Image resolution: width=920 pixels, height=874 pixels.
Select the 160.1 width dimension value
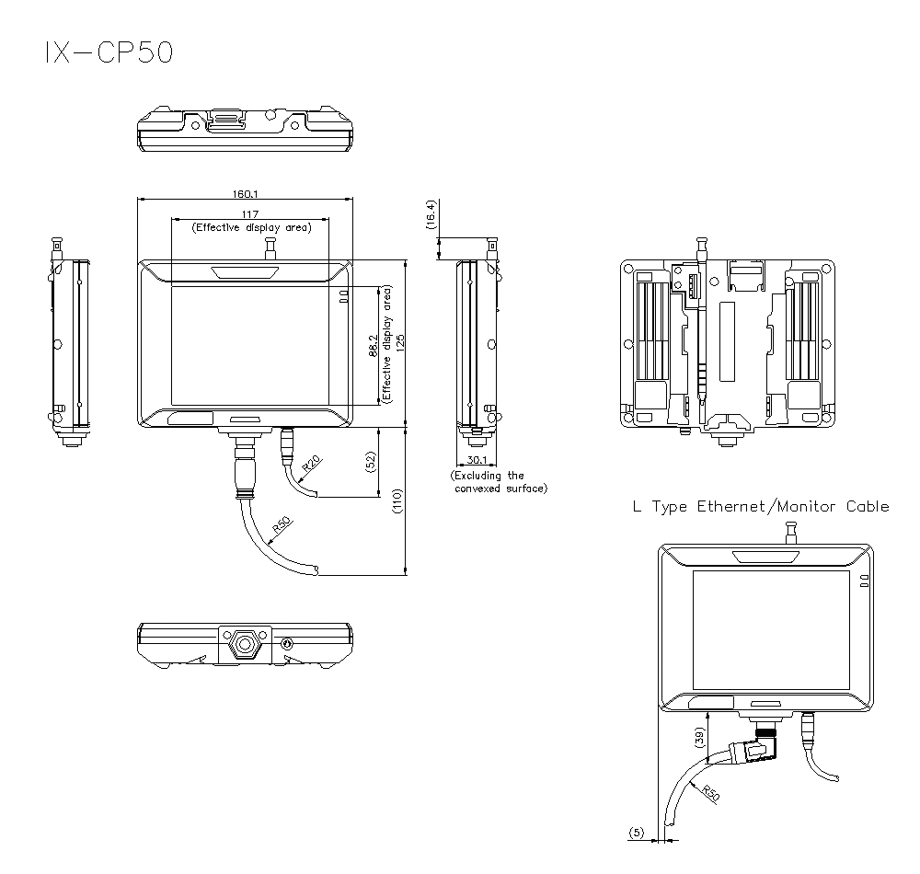pyautogui.click(x=245, y=193)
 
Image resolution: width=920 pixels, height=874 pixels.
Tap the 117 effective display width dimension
pyautogui.click(x=249, y=214)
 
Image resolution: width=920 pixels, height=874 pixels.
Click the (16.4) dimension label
pyautogui.click(x=430, y=214)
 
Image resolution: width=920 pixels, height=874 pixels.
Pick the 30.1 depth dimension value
pyautogui.click(x=477, y=459)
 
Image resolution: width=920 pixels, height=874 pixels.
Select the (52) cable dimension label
pyautogui.click(x=372, y=463)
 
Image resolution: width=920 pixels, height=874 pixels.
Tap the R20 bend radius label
pyautogui.click(x=309, y=463)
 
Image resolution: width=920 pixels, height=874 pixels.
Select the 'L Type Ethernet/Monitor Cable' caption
pyautogui.click(x=760, y=506)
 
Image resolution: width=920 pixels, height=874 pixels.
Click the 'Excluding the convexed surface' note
pyautogui.click(x=500, y=482)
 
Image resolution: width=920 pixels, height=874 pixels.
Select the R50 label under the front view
pyautogui.click(x=281, y=529)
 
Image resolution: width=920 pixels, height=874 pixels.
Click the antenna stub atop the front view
pyautogui.click(x=270, y=248)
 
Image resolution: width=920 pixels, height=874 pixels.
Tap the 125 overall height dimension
pyautogui.click(x=401, y=342)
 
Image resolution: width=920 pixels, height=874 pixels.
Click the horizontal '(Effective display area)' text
pyautogui.click(x=250, y=227)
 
